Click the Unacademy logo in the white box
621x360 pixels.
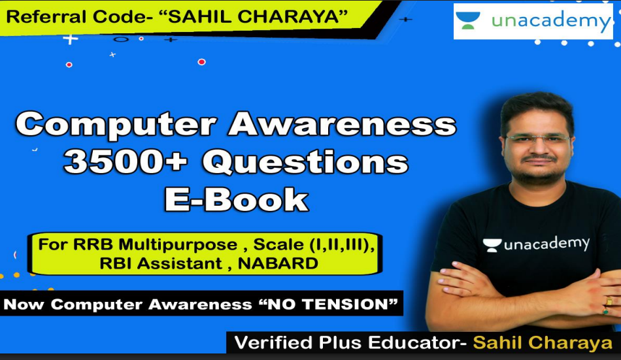[533, 21]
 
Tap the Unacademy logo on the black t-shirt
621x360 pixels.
[536, 244]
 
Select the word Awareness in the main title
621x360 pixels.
[342, 123]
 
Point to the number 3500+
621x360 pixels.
[126, 162]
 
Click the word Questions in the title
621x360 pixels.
[305, 163]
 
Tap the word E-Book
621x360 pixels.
[236, 199]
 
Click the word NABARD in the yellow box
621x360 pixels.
[278, 263]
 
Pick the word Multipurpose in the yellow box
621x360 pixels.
[178, 245]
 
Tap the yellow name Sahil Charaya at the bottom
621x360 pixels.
[543, 342]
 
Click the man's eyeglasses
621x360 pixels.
[538, 139]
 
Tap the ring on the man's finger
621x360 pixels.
[609, 301]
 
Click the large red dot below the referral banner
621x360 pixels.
[201, 62]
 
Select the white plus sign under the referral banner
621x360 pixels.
[71, 39]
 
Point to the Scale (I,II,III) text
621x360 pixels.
[314, 244]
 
